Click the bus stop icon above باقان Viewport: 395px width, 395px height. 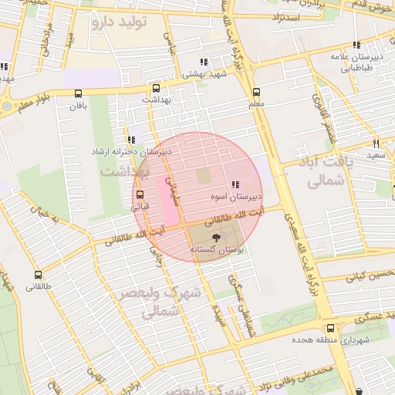coord(78,93)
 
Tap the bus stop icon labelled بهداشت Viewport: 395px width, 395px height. coord(157,88)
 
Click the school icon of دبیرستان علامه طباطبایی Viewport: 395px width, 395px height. coord(356,46)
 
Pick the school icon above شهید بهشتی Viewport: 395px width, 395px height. coord(204,62)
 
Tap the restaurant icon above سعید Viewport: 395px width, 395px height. coord(376,143)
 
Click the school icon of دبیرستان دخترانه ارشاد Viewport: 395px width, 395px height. coord(132,140)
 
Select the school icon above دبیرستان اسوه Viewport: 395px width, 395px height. coord(235,184)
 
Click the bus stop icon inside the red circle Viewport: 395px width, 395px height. coord(140,194)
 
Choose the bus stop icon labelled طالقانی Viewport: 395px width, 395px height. coord(39,275)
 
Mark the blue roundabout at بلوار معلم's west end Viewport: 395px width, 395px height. coord(6,106)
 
